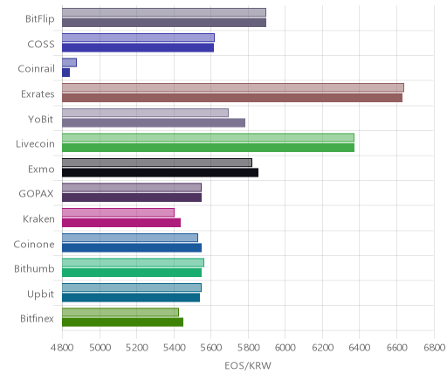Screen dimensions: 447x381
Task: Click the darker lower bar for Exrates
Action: (x=232, y=98)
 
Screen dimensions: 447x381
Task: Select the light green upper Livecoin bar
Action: (x=208, y=137)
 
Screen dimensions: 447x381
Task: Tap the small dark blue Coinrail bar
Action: (x=65, y=73)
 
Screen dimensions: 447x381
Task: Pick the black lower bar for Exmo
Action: (x=160, y=172)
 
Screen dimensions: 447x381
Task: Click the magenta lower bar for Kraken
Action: (x=121, y=223)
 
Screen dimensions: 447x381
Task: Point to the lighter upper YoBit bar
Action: (x=145, y=113)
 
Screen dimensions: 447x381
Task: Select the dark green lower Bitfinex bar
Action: (x=122, y=322)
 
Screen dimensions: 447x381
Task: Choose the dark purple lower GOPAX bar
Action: (x=132, y=197)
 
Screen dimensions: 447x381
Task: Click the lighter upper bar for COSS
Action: (x=138, y=38)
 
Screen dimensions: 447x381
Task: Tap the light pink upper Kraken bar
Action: (x=118, y=212)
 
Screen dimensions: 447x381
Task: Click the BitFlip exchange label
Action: (x=40, y=19)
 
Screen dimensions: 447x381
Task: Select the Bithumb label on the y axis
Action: (x=34, y=268)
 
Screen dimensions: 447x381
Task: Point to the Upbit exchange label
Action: (x=40, y=294)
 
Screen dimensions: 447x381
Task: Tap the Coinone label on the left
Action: (x=34, y=244)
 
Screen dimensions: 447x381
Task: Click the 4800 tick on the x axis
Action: (x=62, y=348)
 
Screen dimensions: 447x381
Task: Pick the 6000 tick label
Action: (x=285, y=348)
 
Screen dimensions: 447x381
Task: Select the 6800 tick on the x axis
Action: (x=434, y=348)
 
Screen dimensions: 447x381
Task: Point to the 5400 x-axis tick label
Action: (x=174, y=348)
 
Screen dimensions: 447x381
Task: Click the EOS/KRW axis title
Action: (x=248, y=365)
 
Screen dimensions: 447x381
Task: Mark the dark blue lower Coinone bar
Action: (x=132, y=247)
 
